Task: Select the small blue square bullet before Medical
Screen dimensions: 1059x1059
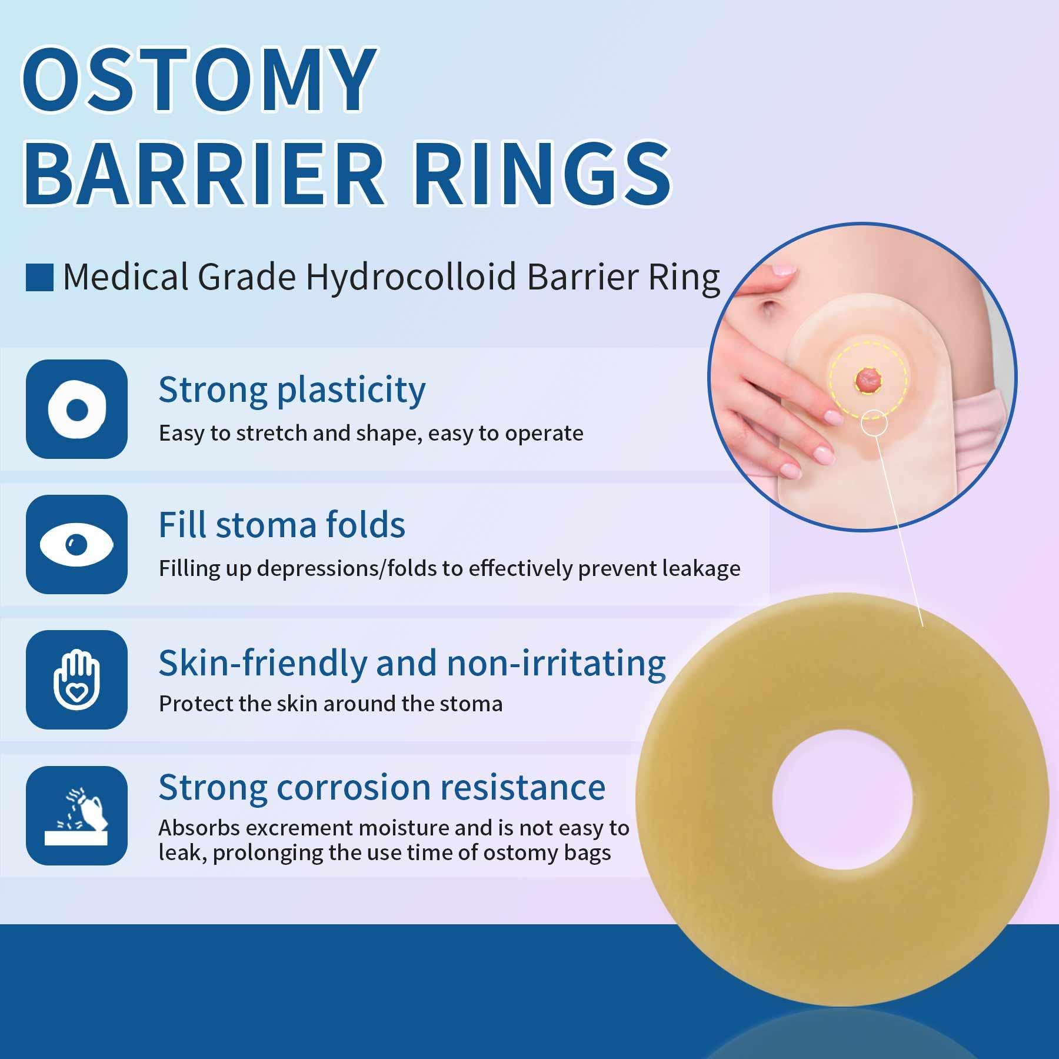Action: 39,278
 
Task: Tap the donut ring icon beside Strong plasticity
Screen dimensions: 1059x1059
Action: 76,409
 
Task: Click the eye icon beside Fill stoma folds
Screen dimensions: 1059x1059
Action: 76,544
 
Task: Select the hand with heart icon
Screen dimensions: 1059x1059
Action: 76,680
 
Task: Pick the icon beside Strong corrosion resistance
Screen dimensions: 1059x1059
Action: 76,815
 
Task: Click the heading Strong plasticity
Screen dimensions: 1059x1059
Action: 292,390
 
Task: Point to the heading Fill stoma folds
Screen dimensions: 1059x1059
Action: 282,525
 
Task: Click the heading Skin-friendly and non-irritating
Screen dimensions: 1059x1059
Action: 412,663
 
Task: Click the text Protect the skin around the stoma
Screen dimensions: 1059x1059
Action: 331,704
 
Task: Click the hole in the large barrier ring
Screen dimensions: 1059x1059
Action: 842,801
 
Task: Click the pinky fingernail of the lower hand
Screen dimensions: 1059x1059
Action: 790,470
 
